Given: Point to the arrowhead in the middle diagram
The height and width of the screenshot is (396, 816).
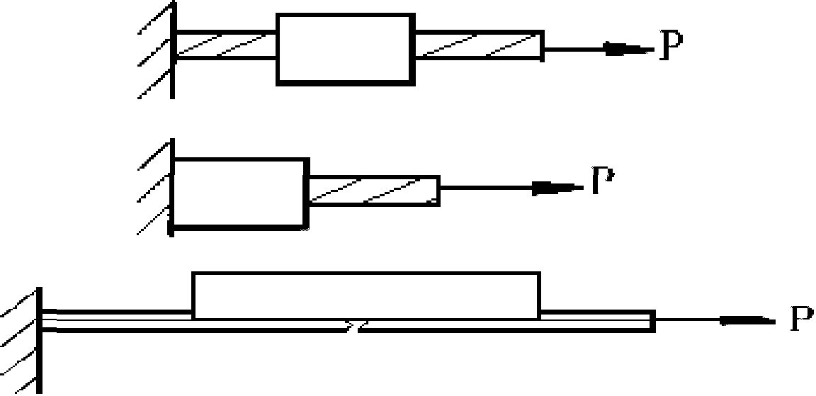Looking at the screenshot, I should pyautogui.click(x=555, y=188).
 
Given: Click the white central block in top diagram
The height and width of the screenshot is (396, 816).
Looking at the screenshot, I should pyautogui.click(x=344, y=49).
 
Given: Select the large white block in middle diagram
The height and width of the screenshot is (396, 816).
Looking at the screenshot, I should pyautogui.click(x=240, y=193).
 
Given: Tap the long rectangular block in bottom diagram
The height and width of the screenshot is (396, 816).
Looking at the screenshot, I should pyautogui.click(x=366, y=295).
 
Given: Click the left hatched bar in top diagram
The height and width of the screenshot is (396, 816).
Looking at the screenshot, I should pyautogui.click(x=226, y=46).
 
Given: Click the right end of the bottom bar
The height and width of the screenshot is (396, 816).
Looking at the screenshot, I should pyautogui.click(x=650, y=321).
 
